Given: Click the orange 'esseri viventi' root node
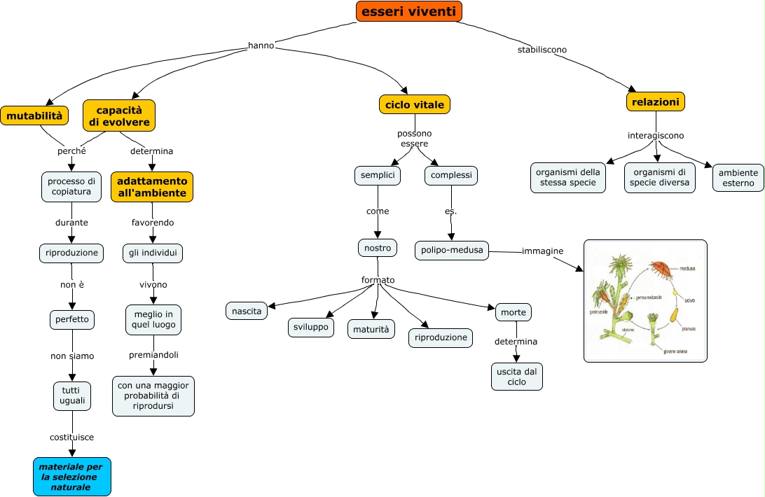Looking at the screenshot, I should point(409,11).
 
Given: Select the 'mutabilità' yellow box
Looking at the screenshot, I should point(34,115).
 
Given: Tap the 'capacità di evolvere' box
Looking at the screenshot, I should point(119,116).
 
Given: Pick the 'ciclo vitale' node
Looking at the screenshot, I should point(415,105).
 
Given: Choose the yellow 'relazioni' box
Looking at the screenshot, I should point(655,102).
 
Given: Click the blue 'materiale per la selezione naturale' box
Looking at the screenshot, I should point(72,477).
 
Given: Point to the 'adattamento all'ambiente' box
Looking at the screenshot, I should point(152,187).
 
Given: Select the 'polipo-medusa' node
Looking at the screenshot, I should point(452,250).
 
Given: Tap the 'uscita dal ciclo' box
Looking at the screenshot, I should point(517,377).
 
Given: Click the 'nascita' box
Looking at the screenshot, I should point(247,311).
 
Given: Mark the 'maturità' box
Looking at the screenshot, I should point(371,328).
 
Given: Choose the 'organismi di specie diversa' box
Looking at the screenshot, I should point(659,178).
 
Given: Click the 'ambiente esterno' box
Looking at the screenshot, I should point(738,178).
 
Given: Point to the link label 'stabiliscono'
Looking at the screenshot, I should point(542,50).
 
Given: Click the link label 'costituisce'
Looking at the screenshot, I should point(71,437).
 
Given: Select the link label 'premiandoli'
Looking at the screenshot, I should point(153,355).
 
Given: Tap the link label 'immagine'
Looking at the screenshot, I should point(542,251).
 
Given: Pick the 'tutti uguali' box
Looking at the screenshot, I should point(72,395).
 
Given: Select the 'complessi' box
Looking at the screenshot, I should point(451,175).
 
